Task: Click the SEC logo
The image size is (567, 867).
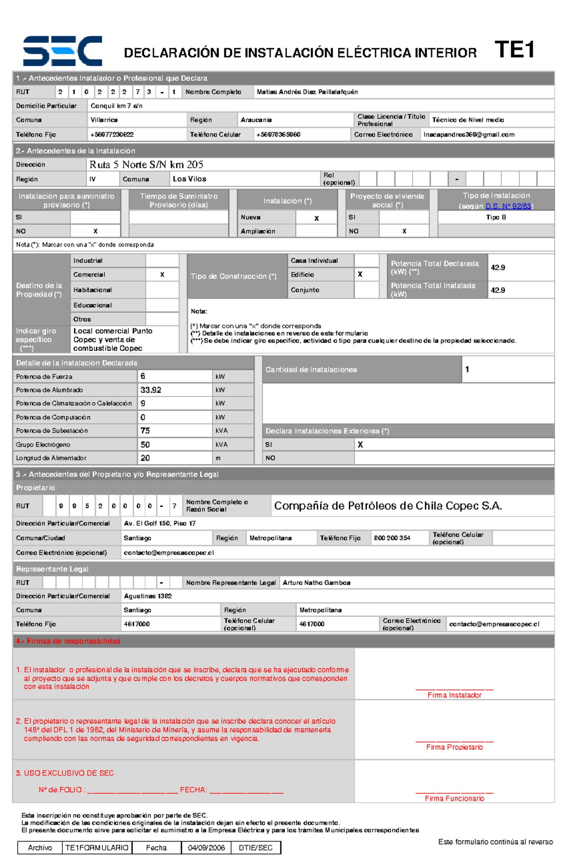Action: [x=62, y=51]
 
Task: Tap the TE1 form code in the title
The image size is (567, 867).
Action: [x=514, y=50]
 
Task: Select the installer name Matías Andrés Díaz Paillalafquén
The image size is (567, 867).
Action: [x=307, y=92]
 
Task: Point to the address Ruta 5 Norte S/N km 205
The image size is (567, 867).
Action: [x=146, y=164]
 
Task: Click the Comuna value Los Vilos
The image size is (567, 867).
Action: [x=189, y=179]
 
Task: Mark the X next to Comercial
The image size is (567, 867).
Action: [x=162, y=275]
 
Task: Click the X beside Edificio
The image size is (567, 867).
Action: [x=360, y=275]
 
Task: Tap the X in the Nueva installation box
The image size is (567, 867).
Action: [x=317, y=218]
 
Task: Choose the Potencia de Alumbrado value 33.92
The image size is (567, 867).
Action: [x=151, y=390]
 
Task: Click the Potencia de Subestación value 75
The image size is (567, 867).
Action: [x=145, y=430]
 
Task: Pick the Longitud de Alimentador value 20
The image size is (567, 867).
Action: [x=145, y=458]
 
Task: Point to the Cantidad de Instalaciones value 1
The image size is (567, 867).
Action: [x=467, y=369]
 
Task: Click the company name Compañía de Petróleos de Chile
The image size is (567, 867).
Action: [x=387, y=506]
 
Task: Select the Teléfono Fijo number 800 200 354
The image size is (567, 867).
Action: [x=392, y=538]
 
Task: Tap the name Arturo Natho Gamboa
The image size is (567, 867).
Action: [x=316, y=583]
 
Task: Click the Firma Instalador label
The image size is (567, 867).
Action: [x=454, y=695]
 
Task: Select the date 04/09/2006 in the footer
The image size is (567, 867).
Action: [x=206, y=848]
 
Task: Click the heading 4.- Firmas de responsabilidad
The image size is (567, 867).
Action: [x=68, y=641]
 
